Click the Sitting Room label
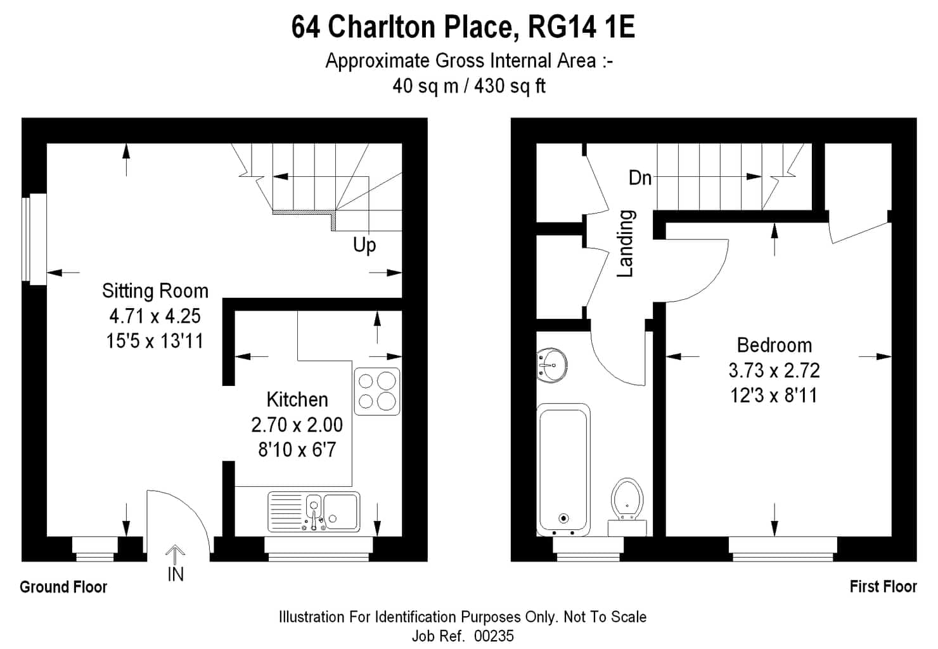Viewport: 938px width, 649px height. click(x=155, y=291)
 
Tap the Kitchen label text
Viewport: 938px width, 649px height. click(x=297, y=399)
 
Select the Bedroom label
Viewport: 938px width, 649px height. click(x=774, y=345)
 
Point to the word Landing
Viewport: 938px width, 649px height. click(x=626, y=243)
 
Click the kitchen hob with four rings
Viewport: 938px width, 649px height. click(x=377, y=392)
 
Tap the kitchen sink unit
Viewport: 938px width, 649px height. click(x=314, y=511)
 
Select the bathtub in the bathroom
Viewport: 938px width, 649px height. click(x=563, y=470)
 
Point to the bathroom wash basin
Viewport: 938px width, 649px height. click(x=552, y=364)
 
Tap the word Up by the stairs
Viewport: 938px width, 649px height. click(x=364, y=245)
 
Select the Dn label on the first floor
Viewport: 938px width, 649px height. click(x=640, y=178)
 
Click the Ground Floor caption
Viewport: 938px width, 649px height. click(x=63, y=587)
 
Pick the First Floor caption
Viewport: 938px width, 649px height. click(x=883, y=587)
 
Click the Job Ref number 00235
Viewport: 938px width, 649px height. click(x=494, y=636)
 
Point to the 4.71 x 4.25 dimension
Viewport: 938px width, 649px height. click(x=155, y=316)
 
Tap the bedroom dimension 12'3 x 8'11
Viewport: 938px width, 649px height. click(x=774, y=395)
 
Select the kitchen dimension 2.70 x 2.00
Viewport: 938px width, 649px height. click(x=297, y=425)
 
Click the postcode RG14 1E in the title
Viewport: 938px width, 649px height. click(x=582, y=27)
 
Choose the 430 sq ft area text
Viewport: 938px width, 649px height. click(x=510, y=86)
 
